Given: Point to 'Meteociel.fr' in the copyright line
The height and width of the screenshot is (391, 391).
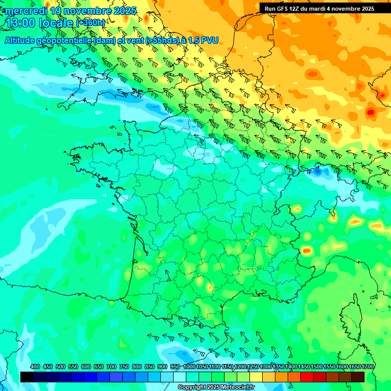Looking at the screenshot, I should [x=236, y=387].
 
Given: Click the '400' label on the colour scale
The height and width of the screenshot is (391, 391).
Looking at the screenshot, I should [x=35, y=367].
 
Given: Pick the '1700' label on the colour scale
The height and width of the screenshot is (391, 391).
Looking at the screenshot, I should [x=368, y=367].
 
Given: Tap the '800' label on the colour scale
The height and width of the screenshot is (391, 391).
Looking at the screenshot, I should [x=136, y=367].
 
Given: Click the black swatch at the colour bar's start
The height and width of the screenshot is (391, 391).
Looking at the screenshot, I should [x=27, y=377].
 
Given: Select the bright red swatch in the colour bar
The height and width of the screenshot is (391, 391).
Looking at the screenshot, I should [x=307, y=377].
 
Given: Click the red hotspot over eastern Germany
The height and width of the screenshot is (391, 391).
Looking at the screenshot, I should [x=370, y=111].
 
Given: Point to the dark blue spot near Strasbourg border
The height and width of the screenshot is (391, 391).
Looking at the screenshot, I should [x=318, y=172].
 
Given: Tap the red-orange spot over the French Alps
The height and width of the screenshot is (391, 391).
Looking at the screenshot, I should [x=306, y=250].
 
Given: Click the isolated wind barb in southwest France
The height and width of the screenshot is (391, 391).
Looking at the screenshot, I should [x=166, y=276].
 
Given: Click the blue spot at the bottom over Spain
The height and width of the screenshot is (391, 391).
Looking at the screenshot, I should [x=181, y=354].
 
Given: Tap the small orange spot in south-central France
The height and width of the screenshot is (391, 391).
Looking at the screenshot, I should [x=209, y=288].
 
